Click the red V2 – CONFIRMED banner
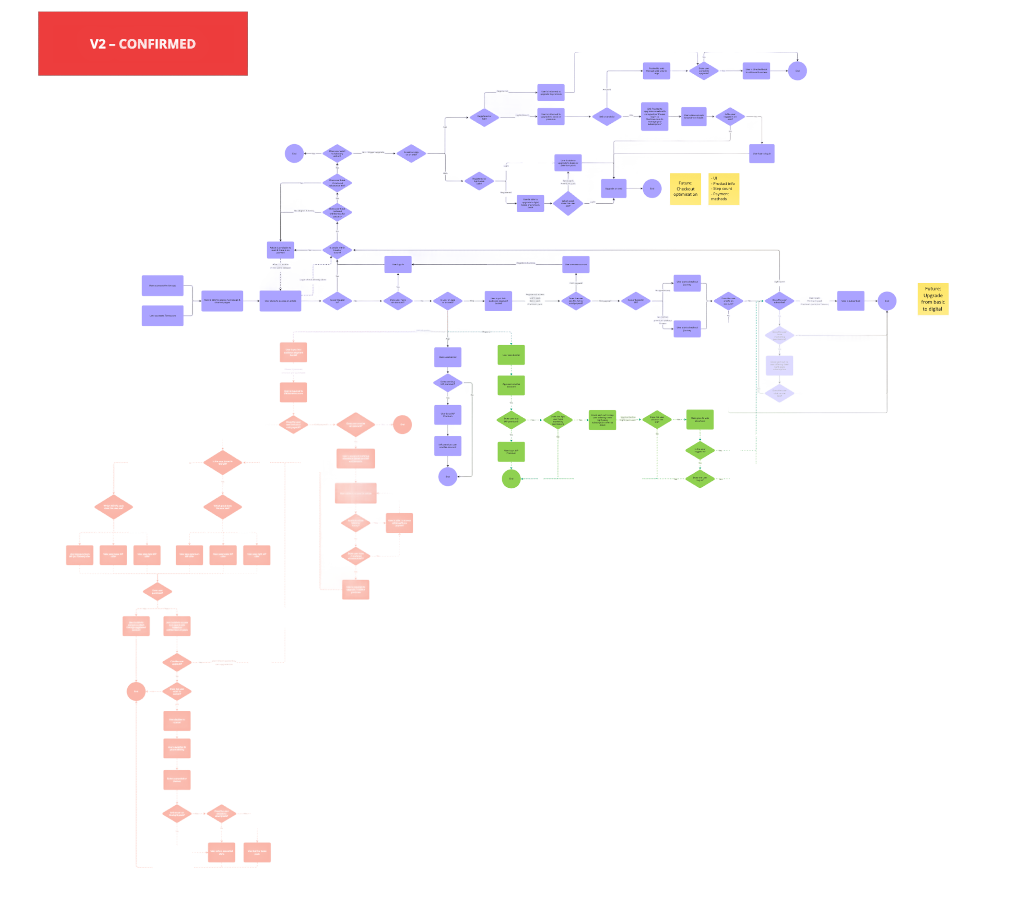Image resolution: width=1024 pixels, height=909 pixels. click(x=143, y=43)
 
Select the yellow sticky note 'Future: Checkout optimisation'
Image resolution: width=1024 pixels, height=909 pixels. click(x=685, y=189)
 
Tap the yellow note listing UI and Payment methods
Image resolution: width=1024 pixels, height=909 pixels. click(x=723, y=189)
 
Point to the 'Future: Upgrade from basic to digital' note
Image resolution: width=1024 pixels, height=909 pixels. click(x=933, y=299)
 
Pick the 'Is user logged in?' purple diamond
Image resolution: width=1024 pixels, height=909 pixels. click(x=337, y=301)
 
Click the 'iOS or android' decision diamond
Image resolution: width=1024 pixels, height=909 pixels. click(x=607, y=117)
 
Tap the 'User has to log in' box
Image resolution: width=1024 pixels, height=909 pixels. click(x=761, y=154)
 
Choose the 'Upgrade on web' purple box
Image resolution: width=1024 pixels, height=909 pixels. click(x=614, y=189)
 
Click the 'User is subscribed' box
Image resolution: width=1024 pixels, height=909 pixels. click(x=850, y=301)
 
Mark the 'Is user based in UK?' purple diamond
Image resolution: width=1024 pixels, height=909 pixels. click(x=636, y=301)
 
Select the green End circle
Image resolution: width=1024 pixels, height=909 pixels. click(x=511, y=478)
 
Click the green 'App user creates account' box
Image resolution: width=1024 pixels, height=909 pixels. click(x=511, y=385)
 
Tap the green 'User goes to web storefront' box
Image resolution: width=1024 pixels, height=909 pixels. click(x=699, y=419)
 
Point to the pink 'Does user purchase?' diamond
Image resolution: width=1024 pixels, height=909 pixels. click(x=157, y=592)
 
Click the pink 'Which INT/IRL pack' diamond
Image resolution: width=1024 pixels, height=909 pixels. click(x=114, y=507)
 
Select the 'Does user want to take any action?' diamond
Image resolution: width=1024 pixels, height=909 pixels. click(x=337, y=153)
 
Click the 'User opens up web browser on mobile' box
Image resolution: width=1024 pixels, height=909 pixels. click(x=693, y=116)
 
